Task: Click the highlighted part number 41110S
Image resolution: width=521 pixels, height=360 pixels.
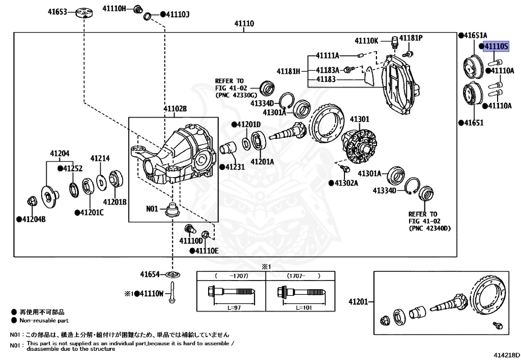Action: [496, 46]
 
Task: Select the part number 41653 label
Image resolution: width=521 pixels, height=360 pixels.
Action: [57, 11]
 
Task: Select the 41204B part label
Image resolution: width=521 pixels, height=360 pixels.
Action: [34, 219]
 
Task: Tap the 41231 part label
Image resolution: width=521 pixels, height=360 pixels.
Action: [234, 167]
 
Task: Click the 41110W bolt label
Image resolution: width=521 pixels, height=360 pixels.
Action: [151, 294]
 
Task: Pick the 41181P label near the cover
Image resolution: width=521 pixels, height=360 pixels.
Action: [411, 38]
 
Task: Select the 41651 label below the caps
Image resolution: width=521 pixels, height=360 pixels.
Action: [473, 123]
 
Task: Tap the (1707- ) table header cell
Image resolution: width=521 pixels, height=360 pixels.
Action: [299, 276]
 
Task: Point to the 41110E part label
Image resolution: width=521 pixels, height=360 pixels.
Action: [206, 251]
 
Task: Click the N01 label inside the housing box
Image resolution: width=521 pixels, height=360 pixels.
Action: [153, 208]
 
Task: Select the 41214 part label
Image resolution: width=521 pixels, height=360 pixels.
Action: [100, 158]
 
